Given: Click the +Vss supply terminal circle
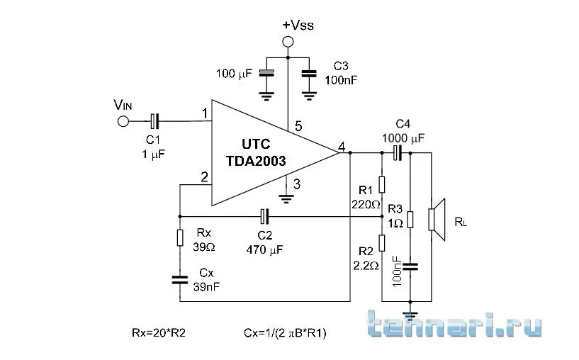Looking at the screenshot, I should [288, 42].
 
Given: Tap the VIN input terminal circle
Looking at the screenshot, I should [123, 121].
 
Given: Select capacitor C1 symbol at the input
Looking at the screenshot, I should [154, 121].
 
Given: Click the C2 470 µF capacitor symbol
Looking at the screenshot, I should [264, 215].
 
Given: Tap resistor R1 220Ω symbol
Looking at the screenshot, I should [381, 184].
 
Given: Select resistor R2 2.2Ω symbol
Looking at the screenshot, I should [381, 243].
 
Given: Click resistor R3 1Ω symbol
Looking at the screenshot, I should [411, 220].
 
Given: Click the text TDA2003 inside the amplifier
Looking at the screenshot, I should [256, 161].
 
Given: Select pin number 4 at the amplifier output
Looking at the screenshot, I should [342, 147].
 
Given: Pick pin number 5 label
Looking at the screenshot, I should [298, 127].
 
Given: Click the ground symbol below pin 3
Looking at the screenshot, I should [286, 197].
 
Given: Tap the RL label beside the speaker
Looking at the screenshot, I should [461, 223].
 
